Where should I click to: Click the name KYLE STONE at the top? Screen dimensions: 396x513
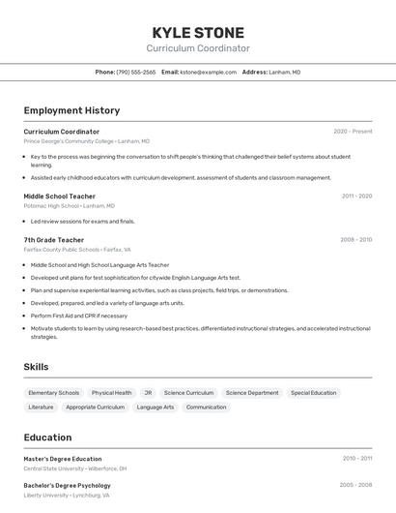(x=198, y=32)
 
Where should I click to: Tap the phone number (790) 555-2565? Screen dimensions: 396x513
(x=135, y=72)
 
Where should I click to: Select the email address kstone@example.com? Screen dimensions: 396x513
(x=208, y=72)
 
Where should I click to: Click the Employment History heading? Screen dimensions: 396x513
(x=71, y=110)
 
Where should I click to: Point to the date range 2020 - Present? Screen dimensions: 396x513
(x=353, y=132)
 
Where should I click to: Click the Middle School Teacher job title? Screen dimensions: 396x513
(x=59, y=196)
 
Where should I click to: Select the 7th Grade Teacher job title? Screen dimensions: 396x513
(x=54, y=240)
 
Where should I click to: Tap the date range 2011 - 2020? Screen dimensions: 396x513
(x=356, y=196)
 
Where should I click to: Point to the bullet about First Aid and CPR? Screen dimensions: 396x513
(x=79, y=316)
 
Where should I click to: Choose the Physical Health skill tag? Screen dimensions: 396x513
(x=112, y=393)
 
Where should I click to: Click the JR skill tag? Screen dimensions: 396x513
(x=148, y=393)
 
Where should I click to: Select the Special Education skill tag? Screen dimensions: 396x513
(x=314, y=393)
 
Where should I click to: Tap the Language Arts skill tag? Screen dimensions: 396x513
(x=156, y=407)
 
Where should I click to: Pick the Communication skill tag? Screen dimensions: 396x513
(x=206, y=407)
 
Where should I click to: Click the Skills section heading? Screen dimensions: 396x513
(x=36, y=367)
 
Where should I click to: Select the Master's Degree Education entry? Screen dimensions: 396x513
(x=63, y=459)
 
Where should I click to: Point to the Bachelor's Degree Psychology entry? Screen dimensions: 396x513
(x=67, y=485)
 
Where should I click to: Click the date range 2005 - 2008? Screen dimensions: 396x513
(x=355, y=485)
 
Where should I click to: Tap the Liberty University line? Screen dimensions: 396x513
(x=67, y=495)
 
